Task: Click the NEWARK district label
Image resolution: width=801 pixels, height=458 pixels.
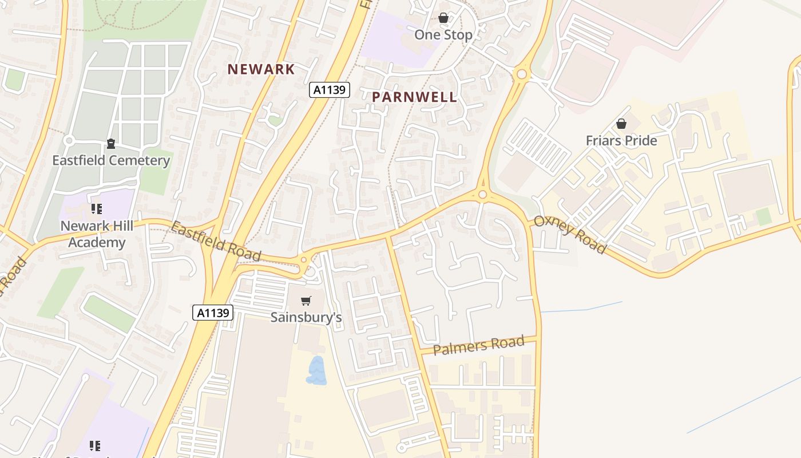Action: point(261,69)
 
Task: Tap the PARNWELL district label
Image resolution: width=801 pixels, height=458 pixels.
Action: point(415,97)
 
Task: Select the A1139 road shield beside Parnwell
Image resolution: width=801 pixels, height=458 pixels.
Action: point(330,90)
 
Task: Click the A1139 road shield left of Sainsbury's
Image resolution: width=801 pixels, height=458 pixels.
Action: point(213,313)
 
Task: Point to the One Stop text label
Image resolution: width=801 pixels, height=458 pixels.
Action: point(443,35)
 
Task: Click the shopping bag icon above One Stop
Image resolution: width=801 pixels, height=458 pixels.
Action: point(443,18)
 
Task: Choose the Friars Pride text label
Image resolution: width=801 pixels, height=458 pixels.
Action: point(621,141)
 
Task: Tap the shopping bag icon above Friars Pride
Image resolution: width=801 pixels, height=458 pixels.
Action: point(621,124)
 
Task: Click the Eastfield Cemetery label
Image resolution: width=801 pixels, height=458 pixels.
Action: point(111,160)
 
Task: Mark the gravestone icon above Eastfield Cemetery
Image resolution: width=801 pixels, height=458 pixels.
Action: point(111,143)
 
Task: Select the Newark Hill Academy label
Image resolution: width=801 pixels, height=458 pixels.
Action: point(97,234)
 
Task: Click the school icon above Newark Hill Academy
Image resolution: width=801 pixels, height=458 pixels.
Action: point(96,209)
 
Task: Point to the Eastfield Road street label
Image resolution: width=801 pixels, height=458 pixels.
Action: point(216,242)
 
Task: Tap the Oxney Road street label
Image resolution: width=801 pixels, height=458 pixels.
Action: point(570,235)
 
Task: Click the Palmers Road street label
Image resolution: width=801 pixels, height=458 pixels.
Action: point(478,345)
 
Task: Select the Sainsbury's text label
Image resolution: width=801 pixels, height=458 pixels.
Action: point(306,317)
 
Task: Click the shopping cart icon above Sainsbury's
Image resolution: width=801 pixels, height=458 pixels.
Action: point(306,301)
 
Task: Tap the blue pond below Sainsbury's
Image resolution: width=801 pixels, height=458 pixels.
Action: point(316,370)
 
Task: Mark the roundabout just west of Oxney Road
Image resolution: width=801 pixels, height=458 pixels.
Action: point(482,195)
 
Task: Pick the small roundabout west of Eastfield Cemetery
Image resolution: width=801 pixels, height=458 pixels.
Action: point(69,140)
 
